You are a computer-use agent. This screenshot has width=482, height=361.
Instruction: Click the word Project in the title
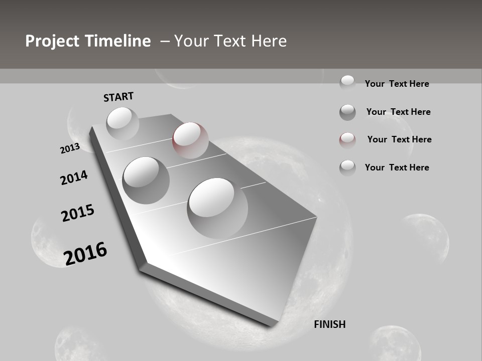point(52,41)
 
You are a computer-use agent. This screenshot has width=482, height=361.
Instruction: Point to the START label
point(118,97)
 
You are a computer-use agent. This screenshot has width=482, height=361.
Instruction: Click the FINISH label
point(329,324)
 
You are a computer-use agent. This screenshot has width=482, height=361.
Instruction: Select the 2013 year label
point(70,148)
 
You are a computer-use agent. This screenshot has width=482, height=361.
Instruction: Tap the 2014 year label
point(74,177)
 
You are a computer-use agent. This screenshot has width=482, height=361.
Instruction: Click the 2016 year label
point(85,254)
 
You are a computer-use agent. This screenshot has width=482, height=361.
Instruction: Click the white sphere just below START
point(123,122)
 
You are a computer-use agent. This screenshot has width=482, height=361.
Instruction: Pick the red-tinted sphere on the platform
point(190,140)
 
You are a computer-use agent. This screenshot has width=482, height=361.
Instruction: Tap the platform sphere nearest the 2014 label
point(146,180)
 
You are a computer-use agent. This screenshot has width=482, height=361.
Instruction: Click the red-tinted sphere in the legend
point(347,140)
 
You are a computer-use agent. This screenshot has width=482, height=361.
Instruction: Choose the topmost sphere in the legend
point(347,82)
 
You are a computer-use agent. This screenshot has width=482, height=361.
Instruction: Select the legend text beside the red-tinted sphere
point(399,139)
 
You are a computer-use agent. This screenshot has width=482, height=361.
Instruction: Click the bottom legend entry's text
point(397,167)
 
